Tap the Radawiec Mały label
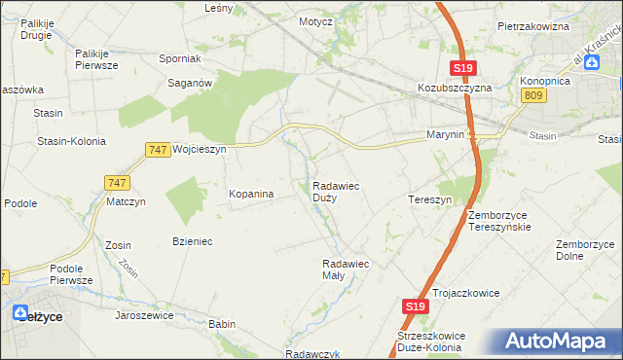[x=346, y=269]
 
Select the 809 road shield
[x=532, y=94]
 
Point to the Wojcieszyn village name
[x=199, y=150]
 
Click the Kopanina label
[x=251, y=194]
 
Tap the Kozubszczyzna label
[x=456, y=87]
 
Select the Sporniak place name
[x=179, y=58]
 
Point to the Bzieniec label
[x=193, y=240]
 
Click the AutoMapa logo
[x=559, y=342]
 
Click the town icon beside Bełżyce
[x=20, y=313]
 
